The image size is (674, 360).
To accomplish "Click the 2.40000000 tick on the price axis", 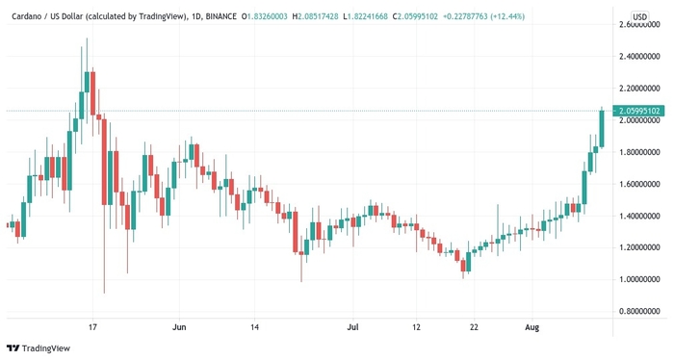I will click(641, 57).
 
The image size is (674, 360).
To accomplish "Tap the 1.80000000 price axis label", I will click(641, 152).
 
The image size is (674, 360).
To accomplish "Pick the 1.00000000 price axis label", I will click(641, 279).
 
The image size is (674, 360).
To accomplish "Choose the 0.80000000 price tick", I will click(641, 311).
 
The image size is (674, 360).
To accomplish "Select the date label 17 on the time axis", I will click(91, 327).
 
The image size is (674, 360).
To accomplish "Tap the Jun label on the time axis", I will click(178, 327).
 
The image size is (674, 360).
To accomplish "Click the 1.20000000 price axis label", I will click(641, 247).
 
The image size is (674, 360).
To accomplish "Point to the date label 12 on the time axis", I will click(417, 327).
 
